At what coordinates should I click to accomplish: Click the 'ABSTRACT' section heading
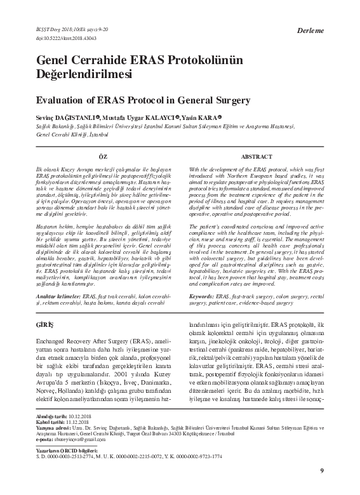257,155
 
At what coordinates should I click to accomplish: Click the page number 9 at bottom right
322,470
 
